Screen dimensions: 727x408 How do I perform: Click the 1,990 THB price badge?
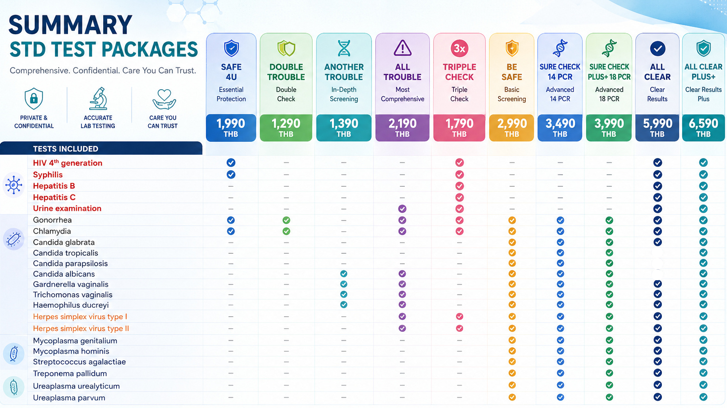click(x=231, y=128)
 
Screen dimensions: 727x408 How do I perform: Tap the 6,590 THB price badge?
click(x=703, y=128)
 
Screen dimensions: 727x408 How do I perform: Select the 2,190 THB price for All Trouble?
click(x=402, y=128)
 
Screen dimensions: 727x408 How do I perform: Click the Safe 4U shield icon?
click(x=231, y=48)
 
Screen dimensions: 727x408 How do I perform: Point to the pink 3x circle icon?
click(x=459, y=48)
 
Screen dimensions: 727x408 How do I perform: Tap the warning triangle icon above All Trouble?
click(x=402, y=48)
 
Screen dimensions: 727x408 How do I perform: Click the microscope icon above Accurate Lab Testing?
click(x=98, y=98)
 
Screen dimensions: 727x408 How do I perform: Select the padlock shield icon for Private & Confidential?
click(x=34, y=98)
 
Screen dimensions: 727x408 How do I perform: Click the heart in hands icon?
click(x=164, y=99)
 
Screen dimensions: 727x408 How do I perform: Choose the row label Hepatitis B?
click(x=54, y=186)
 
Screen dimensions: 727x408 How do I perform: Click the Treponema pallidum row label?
click(x=70, y=373)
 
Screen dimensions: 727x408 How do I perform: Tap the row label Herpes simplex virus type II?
click(x=81, y=328)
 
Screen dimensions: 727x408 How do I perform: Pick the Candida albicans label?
click(x=64, y=274)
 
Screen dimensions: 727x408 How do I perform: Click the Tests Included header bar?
click(x=101, y=149)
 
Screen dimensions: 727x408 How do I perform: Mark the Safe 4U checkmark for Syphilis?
click(x=231, y=175)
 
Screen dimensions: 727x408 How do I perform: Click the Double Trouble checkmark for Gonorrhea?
click(x=286, y=220)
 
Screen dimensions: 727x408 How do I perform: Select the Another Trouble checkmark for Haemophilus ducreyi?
click(x=343, y=305)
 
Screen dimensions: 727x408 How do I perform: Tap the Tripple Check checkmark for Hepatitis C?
click(x=459, y=197)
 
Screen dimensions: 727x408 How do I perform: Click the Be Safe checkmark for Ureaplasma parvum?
click(x=512, y=397)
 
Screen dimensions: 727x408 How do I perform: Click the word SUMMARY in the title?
click(x=70, y=25)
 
